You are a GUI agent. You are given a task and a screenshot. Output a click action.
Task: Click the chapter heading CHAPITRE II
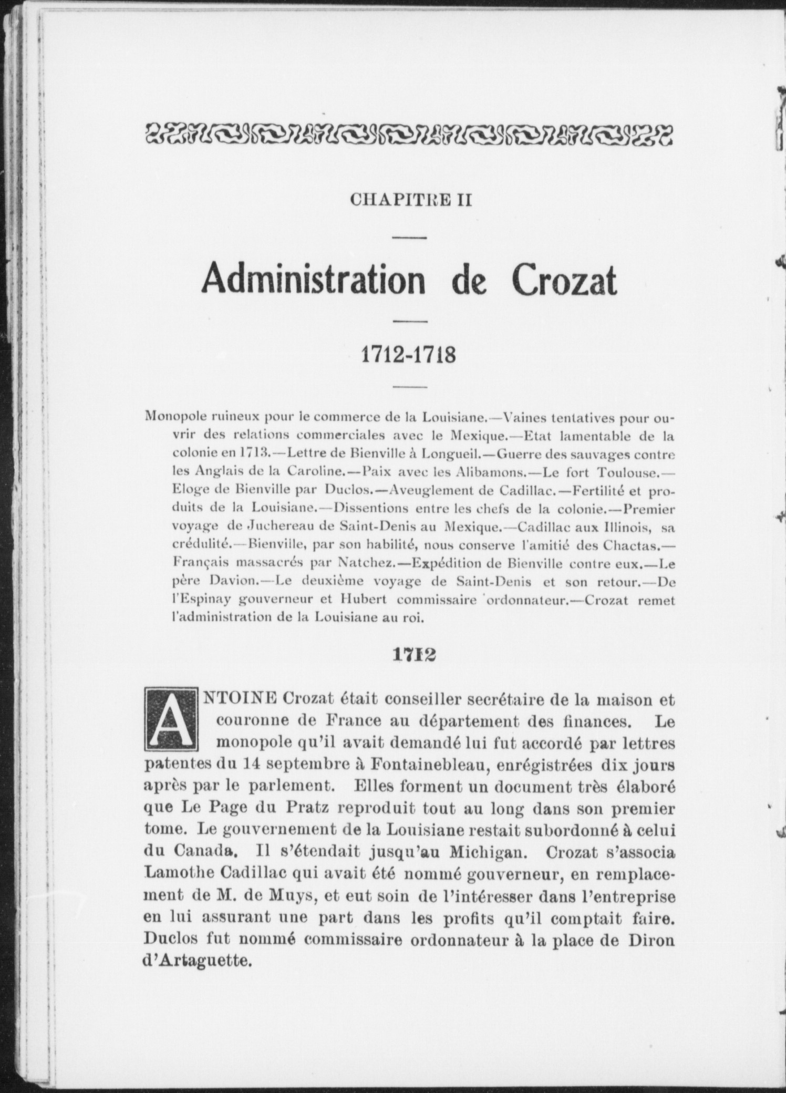(x=411, y=200)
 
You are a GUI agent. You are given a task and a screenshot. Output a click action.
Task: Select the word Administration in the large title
(x=314, y=281)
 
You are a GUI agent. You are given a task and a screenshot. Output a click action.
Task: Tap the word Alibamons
(x=485, y=472)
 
